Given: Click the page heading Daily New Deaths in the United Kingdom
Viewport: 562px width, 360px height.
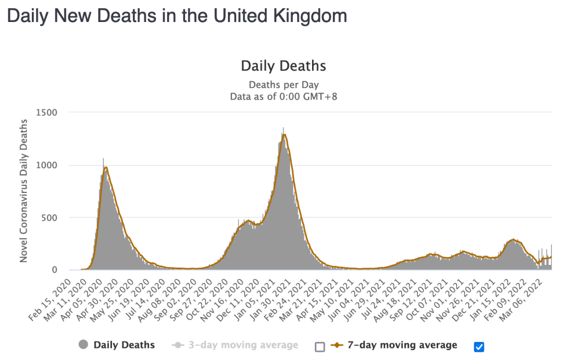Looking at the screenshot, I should click(176, 15).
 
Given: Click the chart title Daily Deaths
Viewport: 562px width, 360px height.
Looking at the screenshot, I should click(283, 66).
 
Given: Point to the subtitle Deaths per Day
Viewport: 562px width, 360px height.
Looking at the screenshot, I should click(283, 85).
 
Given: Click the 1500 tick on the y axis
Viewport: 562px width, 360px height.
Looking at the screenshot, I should click(47, 113).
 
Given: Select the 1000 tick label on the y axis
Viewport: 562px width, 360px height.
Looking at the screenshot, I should click(47, 165).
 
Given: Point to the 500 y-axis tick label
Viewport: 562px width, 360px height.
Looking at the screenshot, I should click(49, 218).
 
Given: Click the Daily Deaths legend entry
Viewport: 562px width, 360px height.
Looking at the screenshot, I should click(124, 345).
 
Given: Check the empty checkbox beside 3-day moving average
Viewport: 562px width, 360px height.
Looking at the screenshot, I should click(320, 346).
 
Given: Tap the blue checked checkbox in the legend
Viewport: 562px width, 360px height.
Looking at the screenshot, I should click(478, 346).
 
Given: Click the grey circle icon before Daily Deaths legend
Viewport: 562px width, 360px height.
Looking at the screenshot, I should click(84, 345).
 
